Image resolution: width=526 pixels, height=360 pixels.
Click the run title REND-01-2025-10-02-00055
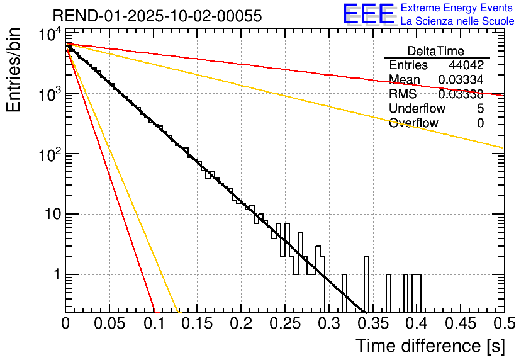coord(157,16)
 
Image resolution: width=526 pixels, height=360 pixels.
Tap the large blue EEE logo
coord(368,14)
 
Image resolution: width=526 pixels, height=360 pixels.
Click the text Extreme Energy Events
coord(457,8)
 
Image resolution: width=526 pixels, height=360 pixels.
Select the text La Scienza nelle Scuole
coord(457,21)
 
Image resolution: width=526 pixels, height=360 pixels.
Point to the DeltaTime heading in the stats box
coord(436,51)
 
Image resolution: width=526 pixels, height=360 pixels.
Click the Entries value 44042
coord(466,65)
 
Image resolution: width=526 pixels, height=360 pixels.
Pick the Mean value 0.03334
coord(461,79)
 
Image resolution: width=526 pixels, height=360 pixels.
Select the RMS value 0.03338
coord(461,94)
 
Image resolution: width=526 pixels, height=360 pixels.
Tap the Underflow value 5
coord(480,109)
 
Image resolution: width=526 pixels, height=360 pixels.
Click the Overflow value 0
coord(480,123)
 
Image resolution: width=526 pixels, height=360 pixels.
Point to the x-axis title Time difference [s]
coord(430,346)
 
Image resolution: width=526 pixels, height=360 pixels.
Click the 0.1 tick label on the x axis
coord(154,323)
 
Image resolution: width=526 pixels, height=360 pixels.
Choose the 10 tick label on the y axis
coord(48,215)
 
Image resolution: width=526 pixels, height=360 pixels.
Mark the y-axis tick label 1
coord(54,275)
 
